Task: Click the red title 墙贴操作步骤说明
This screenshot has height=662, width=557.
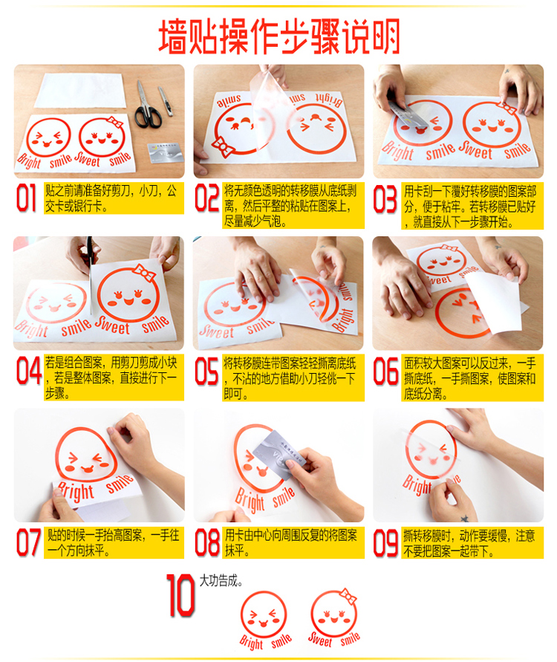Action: coord(279,37)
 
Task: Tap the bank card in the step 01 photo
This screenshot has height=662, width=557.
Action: coord(166,153)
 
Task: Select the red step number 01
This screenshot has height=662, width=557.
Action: coord(26,198)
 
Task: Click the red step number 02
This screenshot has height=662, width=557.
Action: coord(206,198)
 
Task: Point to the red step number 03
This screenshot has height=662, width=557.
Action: coord(385,198)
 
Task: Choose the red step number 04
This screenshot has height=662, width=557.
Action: coord(28,371)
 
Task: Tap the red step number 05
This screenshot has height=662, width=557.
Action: coord(206,371)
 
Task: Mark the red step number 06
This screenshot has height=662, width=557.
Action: coord(385,371)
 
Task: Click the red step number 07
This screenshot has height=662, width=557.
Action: coord(28,542)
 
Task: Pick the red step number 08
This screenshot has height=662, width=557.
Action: coord(207,542)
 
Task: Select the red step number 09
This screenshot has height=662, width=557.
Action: coord(385,542)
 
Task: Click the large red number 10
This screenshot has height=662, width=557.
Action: coord(180,595)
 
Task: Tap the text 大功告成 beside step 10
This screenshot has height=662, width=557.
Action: coord(221,581)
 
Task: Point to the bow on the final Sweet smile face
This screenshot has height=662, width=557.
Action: coord(348,597)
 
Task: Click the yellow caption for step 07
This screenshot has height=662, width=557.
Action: coord(114,543)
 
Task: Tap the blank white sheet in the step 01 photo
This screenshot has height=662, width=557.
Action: coord(81,91)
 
